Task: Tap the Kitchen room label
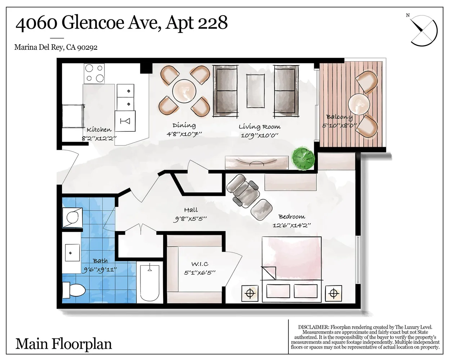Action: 99,130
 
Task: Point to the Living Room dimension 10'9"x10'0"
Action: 260,135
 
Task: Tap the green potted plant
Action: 303,157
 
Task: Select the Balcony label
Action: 339,117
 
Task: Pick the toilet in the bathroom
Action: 73,290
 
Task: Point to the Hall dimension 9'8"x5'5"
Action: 191,219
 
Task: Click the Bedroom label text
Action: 292,217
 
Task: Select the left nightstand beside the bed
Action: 249,293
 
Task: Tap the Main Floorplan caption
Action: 63,344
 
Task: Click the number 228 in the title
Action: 212,23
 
